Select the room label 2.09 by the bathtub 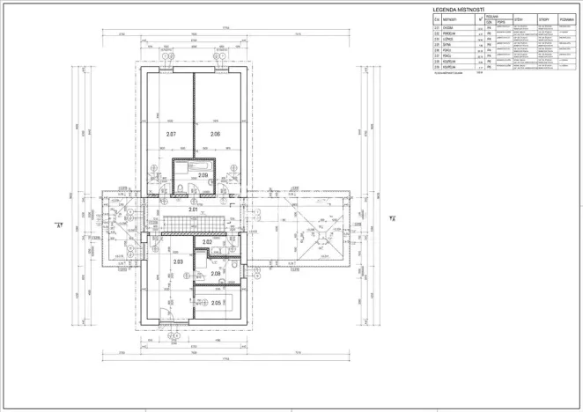[x=203, y=175]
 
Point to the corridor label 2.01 [x=193, y=210]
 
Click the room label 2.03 [x=178, y=261]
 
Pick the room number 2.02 [x=208, y=241]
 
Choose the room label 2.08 [x=216, y=274]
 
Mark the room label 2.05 [x=216, y=303]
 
